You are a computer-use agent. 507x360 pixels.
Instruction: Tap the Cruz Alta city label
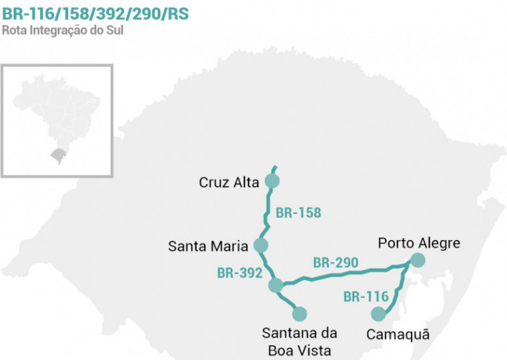[x=229, y=183]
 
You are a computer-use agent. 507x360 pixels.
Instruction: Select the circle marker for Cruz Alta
[x=272, y=181]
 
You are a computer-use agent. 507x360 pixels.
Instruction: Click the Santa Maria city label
[x=208, y=246]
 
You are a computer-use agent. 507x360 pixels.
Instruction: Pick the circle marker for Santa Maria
[x=261, y=245]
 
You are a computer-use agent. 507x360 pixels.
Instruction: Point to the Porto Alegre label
[x=419, y=243]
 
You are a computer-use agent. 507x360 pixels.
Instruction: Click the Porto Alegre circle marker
[x=418, y=260]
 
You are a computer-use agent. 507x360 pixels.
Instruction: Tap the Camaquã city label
[x=398, y=334]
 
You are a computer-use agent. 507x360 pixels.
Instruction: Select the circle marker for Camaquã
[x=378, y=313]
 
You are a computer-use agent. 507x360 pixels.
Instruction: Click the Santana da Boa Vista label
[x=300, y=341]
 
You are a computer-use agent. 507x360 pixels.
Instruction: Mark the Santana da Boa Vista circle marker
[x=299, y=313]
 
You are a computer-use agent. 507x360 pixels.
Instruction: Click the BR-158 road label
[x=298, y=213]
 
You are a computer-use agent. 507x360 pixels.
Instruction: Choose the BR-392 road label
[x=239, y=273]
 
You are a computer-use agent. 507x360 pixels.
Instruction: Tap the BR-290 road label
[x=336, y=263]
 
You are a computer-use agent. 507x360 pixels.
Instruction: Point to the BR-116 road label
[x=366, y=297]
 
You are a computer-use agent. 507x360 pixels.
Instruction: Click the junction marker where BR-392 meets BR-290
[x=276, y=285]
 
